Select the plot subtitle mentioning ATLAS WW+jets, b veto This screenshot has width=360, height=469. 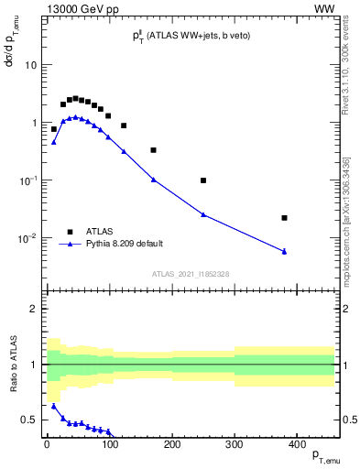pos(190,37)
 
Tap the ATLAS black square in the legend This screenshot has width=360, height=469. pos(70,232)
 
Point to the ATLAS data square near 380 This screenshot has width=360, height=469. pos(285,218)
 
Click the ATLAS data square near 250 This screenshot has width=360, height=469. pos(203,180)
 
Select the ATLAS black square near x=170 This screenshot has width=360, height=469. pos(153,150)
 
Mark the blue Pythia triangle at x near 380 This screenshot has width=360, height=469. pos(285,251)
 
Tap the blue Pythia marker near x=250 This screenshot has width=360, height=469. pos(203,214)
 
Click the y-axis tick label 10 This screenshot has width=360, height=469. pos(30,65)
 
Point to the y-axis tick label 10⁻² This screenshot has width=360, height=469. pos(27,238)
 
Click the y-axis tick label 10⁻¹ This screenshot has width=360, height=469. pos(27,180)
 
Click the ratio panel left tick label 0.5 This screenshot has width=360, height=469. pos(27,420)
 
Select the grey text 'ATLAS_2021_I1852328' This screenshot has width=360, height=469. pos(190,274)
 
